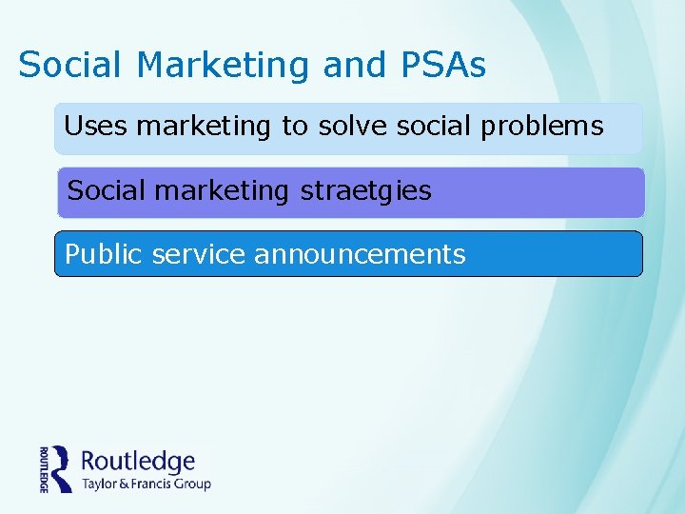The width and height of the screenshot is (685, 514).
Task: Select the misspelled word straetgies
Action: point(365,191)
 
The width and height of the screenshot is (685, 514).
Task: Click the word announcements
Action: point(360,254)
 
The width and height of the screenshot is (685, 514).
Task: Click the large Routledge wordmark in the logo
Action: point(138,463)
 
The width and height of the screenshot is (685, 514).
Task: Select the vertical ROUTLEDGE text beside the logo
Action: point(44,469)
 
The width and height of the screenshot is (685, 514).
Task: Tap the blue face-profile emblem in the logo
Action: point(62,468)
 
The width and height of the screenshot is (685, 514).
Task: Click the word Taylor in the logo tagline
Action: point(100,484)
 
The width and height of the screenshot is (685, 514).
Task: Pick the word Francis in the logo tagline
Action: point(156,484)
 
